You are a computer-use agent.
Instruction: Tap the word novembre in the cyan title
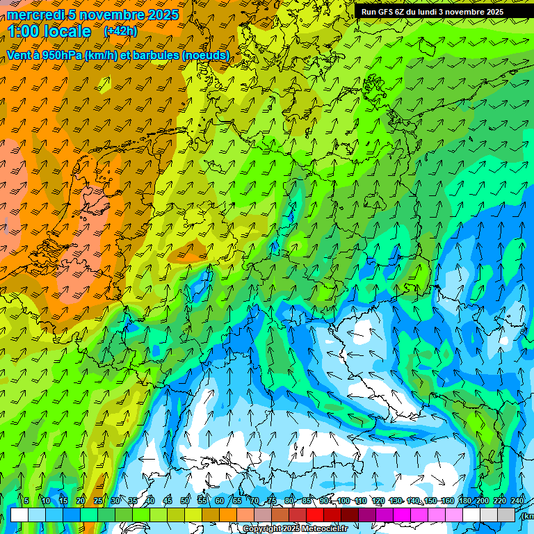113,15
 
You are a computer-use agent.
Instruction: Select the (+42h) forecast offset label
120,31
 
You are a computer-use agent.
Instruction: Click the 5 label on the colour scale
26,501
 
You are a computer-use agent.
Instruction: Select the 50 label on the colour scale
185,501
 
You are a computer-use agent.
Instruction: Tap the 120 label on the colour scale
378,501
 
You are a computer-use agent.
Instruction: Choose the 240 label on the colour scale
518,501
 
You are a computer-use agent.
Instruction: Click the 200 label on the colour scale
482,501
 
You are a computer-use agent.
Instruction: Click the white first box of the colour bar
19,515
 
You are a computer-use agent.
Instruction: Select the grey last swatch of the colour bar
507,515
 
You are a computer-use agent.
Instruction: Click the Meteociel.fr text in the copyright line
323,529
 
